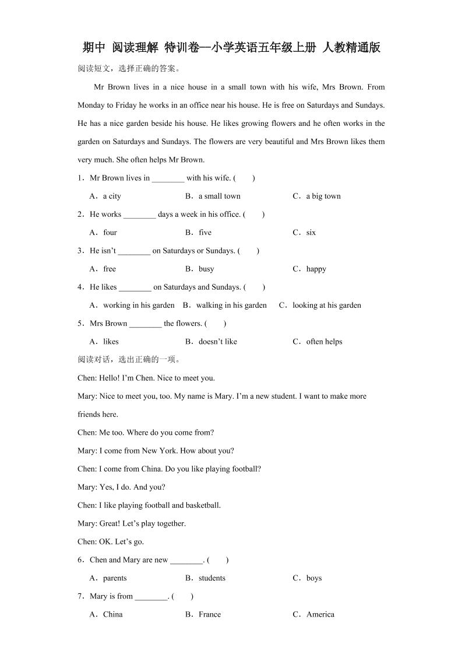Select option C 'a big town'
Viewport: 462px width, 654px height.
point(317,196)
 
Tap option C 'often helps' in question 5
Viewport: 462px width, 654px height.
point(318,342)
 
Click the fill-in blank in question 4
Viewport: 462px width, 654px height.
point(135,288)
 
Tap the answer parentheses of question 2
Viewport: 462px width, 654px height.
point(254,215)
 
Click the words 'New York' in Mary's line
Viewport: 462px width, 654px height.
point(158,451)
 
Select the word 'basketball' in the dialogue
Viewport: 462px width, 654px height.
point(203,505)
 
